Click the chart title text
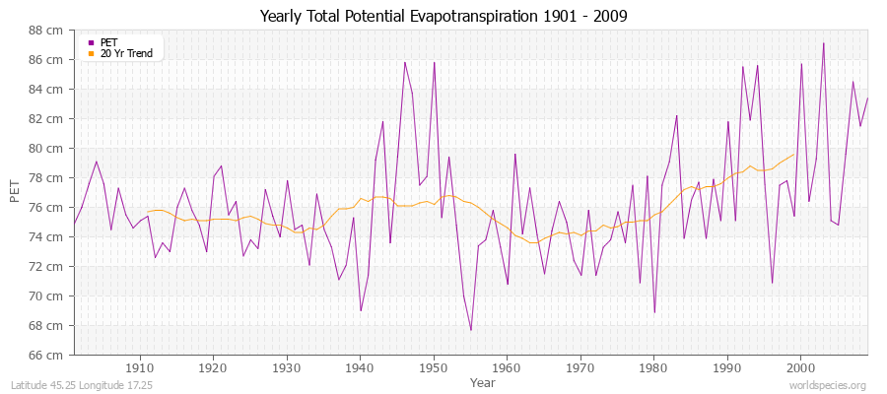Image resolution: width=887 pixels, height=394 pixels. tap(443, 16)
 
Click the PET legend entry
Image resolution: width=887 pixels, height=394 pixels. tap(108, 42)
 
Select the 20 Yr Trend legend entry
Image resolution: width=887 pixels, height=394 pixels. tap(126, 53)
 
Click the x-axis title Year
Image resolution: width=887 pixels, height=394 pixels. tap(483, 381)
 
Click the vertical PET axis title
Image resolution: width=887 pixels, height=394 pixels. tap(15, 192)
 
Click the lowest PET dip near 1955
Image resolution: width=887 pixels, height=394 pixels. tap(471, 330)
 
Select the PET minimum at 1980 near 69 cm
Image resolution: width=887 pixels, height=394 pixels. tap(654, 312)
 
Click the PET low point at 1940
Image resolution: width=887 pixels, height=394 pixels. tap(361, 310)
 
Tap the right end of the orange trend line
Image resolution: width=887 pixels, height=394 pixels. tap(793, 154)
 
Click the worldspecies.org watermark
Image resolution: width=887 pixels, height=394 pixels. tap(828, 385)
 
